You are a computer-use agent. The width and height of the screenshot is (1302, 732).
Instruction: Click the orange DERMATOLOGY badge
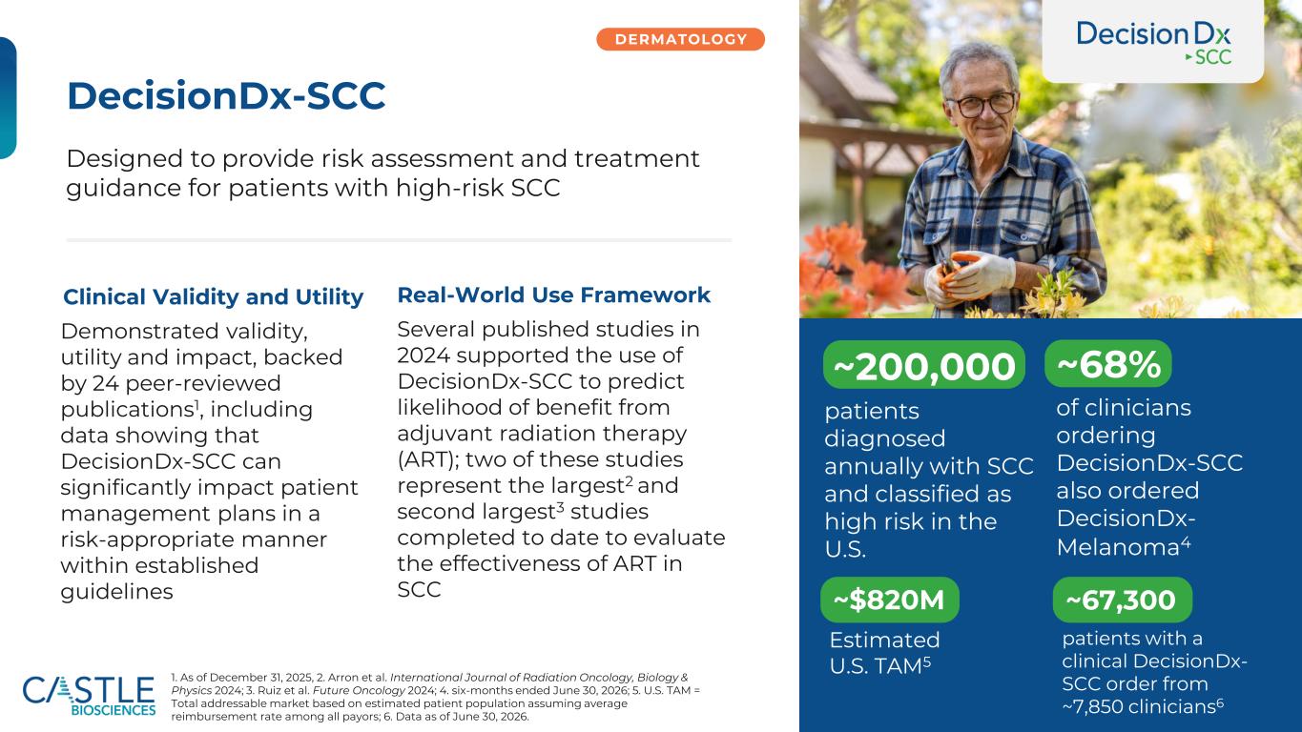click(680, 39)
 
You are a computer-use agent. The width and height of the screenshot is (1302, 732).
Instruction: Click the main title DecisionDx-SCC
click(226, 95)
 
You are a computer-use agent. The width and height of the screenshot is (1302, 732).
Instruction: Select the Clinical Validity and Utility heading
click(213, 296)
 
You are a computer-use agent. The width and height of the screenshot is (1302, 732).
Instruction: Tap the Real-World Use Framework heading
click(553, 295)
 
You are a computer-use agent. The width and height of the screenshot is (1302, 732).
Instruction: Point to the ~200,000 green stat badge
click(923, 365)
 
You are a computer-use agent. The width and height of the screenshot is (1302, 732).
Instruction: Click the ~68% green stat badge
click(1107, 364)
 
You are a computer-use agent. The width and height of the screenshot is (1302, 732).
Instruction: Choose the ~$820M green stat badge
click(889, 600)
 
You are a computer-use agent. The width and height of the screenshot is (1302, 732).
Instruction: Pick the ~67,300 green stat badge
click(1123, 600)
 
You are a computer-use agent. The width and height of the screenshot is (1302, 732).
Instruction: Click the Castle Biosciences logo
click(89, 696)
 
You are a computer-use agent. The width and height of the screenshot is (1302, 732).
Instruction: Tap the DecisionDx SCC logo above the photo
click(1153, 42)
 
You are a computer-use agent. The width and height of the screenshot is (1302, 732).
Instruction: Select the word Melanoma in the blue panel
click(1118, 547)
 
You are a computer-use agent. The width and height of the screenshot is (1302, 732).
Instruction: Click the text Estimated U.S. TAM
click(884, 653)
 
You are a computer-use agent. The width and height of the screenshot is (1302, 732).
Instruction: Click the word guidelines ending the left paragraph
click(116, 592)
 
